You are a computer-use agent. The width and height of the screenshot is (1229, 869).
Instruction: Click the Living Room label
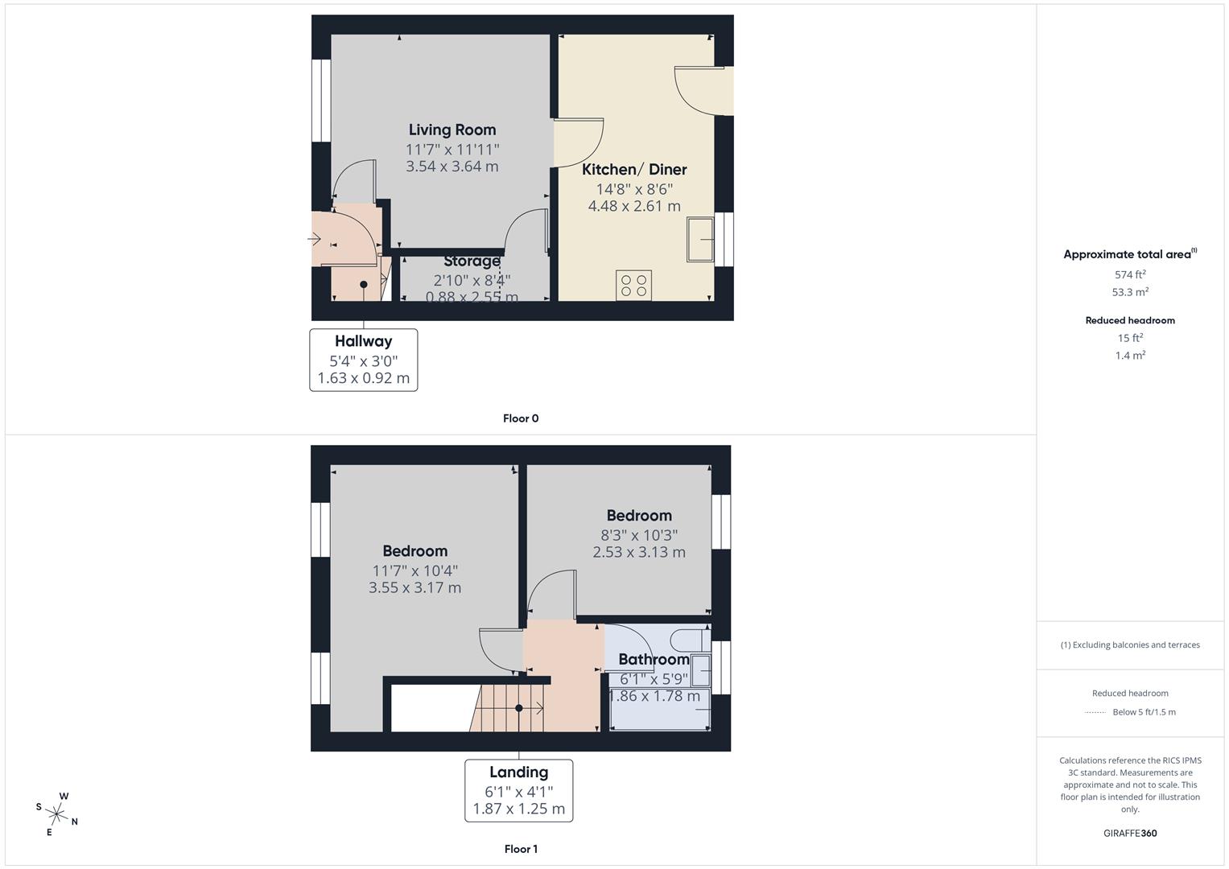452,130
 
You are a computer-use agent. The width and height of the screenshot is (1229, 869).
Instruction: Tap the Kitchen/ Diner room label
634,169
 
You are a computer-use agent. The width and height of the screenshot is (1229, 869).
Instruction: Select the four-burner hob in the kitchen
633,286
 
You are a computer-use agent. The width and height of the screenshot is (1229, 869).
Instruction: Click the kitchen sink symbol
700,238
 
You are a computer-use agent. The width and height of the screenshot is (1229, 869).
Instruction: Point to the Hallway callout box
364,360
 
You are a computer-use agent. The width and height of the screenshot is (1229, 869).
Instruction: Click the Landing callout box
519,790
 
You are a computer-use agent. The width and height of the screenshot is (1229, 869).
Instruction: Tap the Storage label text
472,261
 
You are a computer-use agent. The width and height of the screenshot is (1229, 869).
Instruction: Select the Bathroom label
654,660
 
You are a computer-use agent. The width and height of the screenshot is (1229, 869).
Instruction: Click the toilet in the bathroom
690,640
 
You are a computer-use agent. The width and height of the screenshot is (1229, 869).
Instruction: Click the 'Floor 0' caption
521,418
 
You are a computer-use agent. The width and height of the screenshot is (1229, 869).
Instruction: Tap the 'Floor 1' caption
521,849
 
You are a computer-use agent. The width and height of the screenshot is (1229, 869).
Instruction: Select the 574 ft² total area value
1130,274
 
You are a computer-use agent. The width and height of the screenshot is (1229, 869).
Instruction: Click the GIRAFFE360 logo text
1130,833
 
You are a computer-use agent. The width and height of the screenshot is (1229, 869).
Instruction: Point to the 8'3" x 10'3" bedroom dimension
639,535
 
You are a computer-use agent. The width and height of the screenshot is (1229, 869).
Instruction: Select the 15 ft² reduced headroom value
1130,338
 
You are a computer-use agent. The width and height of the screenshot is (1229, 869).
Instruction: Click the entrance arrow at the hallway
314,239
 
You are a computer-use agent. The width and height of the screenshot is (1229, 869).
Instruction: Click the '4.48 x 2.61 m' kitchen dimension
634,206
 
